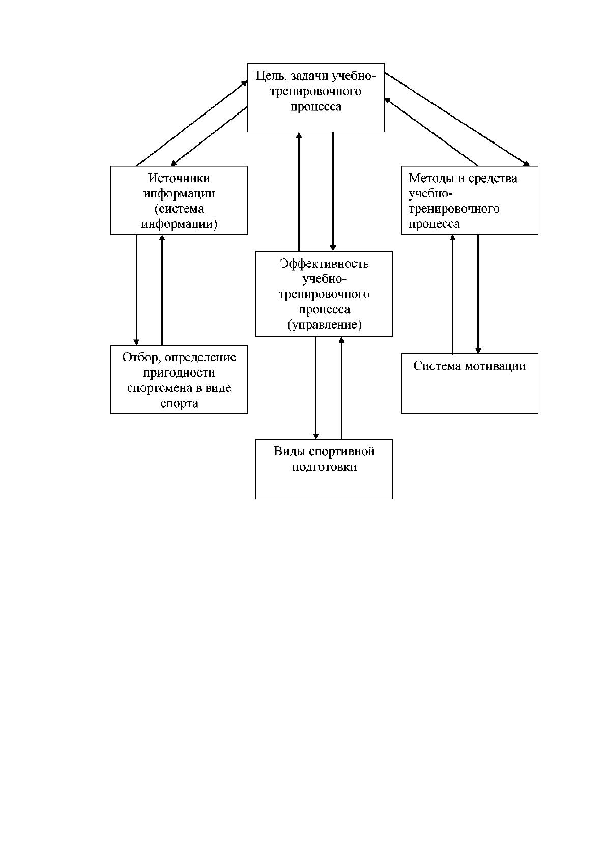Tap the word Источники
click(x=179, y=178)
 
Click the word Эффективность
click(x=324, y=264)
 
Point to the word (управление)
click(x=324, y=325)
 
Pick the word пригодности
click(x=179, y=373)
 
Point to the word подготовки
click(x=324, y=467)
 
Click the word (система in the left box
click(x=179, y=209)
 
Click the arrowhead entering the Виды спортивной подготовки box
click(x=315, y=436)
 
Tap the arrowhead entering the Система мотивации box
click(x=478, y=351)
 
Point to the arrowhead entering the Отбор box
click(x=136, y=342)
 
